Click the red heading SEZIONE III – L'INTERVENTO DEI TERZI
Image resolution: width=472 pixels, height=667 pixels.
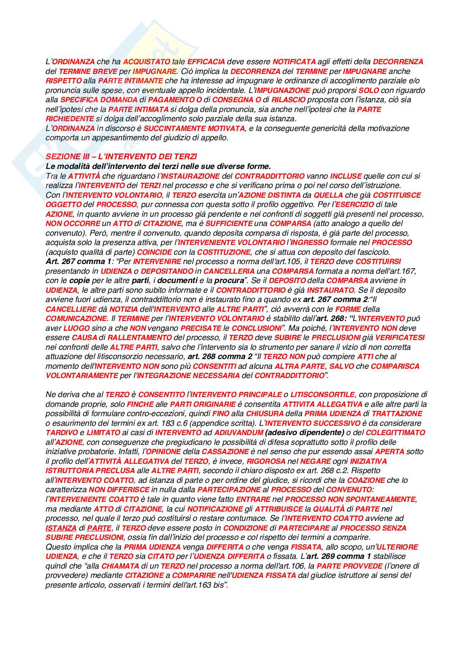pyautogui.click(x=121, y=157)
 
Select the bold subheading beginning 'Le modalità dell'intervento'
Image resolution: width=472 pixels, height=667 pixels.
pyautogui.click(x=158, y=166)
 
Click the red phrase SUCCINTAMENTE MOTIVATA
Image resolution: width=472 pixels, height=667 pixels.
pyautogui.click(x=194, y=128)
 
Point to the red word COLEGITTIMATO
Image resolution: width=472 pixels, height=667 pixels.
pyautogui.click(x=395, y=433)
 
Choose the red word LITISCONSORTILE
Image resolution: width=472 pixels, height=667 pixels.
pyautogui.click(x=322, y=395)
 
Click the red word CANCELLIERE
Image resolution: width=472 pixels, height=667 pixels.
pyautogui.click(x=71, y=309)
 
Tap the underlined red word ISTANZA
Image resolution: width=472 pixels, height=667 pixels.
pyautogui.click(x=61, y=528)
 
